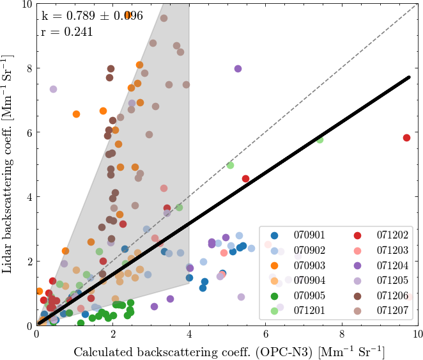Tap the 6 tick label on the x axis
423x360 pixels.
(x=266, y=334)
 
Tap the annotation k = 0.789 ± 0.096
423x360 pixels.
(x=92, y=15)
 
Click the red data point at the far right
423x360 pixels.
(x=406, y=137)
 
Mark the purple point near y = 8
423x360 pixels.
(x=238, y=68)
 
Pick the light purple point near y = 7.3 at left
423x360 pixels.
(x=54, y=89)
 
